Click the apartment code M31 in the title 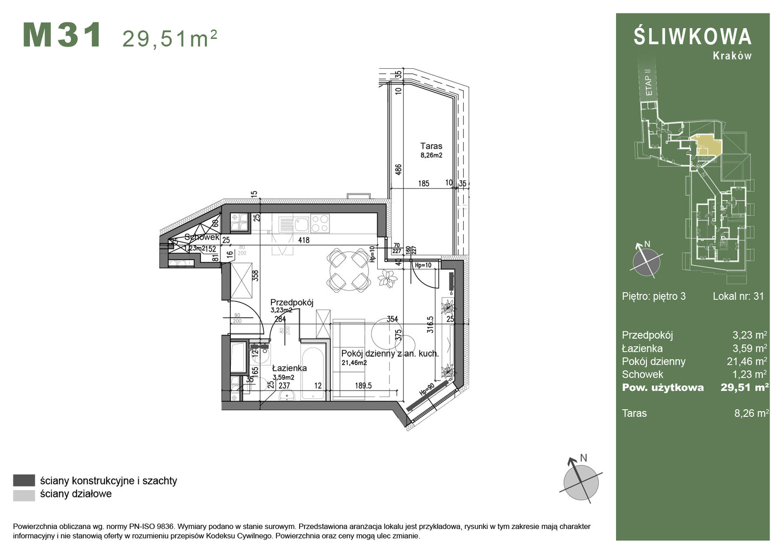click(62, 36)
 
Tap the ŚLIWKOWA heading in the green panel click(693, 37)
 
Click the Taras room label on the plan click(431, 146)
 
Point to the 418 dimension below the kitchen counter click(303, 240)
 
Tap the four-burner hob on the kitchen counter click(320, 223)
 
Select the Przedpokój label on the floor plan click(292, 302)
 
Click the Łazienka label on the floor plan click(289, 368)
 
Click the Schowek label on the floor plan click(202, 237)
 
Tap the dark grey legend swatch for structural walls click(24, 480)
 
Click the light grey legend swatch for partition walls click(24, 494)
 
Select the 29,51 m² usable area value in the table click(744, 387)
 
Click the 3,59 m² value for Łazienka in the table click(750, 349)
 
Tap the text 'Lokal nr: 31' click(738, 296)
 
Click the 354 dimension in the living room click(392, 320)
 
